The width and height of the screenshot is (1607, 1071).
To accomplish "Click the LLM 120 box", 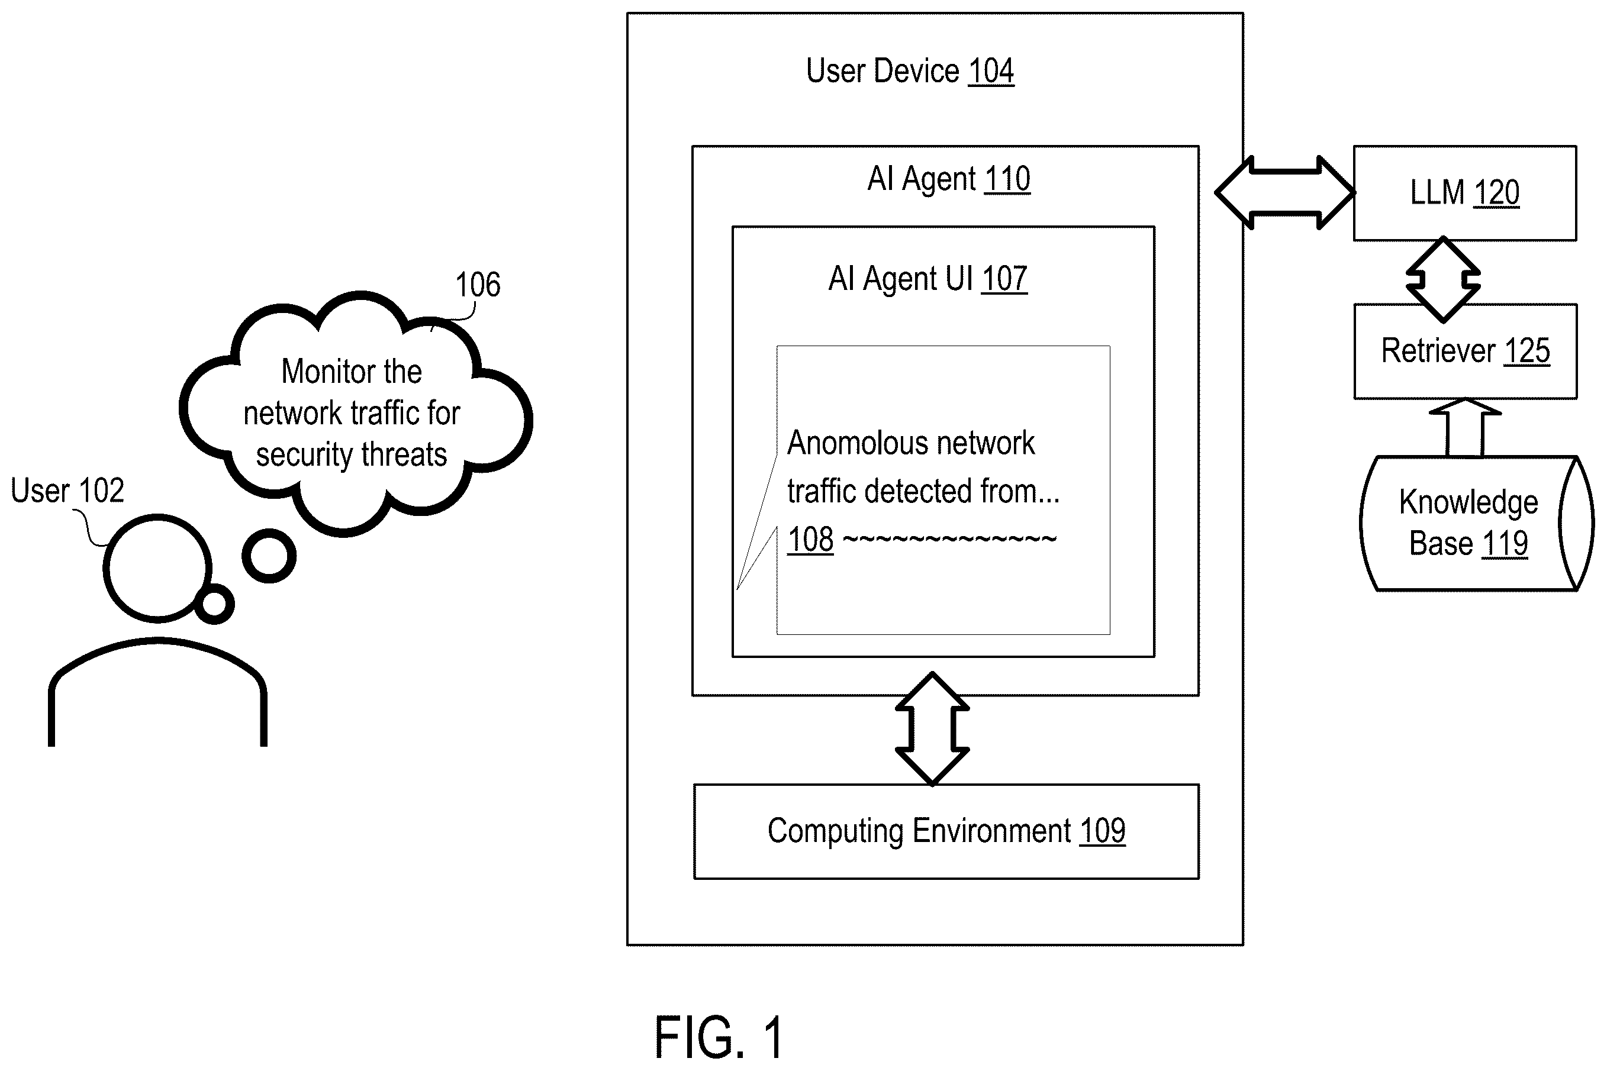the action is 1465,193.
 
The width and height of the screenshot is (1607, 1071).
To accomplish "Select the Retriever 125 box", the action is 1466,351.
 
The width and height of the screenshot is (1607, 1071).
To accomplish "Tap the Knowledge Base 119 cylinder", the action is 1476,523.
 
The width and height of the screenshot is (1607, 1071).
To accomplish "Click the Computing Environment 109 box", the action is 946,831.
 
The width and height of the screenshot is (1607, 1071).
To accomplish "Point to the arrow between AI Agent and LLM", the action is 1284,193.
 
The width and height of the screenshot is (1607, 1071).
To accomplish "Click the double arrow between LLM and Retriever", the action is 1443,279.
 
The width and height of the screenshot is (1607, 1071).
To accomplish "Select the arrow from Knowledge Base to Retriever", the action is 1465,428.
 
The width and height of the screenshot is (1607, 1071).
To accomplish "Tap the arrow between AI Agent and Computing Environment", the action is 932,729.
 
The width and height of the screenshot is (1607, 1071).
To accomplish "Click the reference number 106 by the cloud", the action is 478,285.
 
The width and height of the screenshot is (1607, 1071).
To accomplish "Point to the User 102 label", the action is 67,491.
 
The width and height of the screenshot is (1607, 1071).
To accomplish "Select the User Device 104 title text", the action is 910,71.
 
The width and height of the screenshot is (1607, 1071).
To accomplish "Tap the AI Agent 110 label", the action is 948,179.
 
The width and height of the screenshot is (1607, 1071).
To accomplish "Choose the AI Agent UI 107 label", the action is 928,279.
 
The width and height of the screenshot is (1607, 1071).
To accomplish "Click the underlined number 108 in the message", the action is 810,540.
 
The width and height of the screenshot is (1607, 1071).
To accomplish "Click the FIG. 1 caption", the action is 719,1037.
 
